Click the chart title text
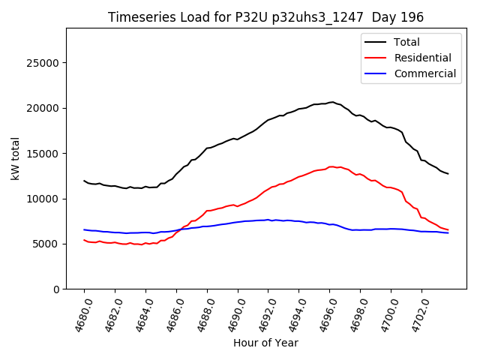tap(265, 17)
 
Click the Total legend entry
tap(407, 42)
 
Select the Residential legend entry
tap(422, 58)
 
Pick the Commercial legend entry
tap(424, 73)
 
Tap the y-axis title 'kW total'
tap(16, 158)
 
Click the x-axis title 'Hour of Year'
tap(265, 343)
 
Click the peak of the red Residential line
tap(331, 166)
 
